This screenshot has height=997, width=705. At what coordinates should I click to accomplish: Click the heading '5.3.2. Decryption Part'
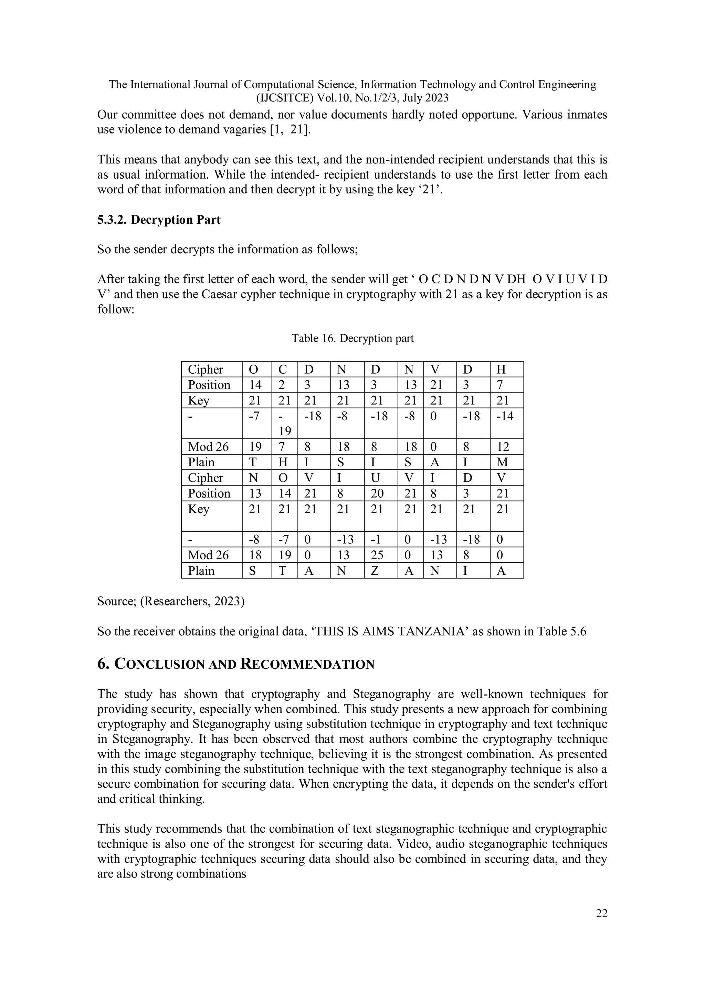159,220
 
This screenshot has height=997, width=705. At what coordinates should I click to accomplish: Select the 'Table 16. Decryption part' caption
352,338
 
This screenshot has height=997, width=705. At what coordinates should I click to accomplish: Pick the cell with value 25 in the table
377,555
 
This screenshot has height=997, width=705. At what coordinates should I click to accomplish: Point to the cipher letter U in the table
375,478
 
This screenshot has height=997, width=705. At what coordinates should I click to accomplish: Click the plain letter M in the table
502,462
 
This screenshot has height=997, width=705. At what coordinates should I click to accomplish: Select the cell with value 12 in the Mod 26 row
503,447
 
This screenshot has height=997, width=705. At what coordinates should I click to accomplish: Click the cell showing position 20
377,493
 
